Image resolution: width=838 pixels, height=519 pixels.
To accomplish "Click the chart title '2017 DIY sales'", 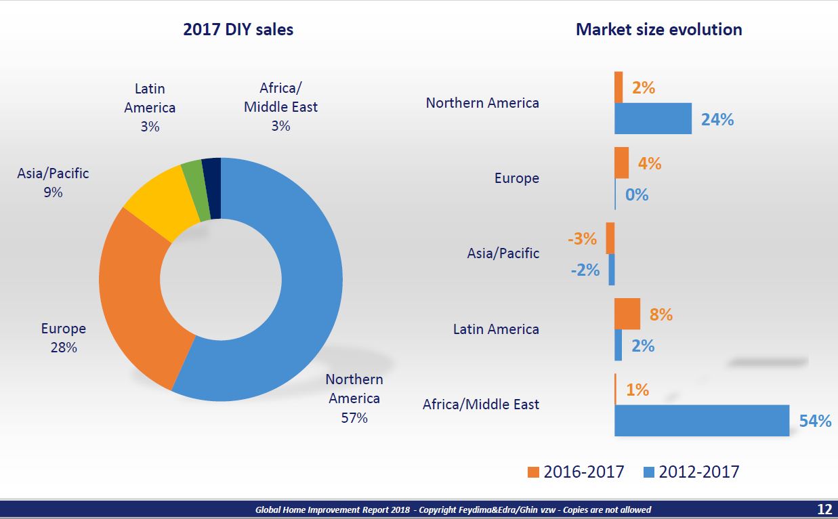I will tap(238, 30).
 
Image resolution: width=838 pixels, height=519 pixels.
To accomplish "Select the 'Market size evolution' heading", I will tap(658, 30).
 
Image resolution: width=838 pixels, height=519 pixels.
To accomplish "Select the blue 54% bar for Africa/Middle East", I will tap(702, 420).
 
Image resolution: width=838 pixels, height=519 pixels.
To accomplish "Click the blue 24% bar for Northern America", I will tap(652, 119).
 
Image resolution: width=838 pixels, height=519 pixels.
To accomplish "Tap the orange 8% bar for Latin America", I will tap(627, 314).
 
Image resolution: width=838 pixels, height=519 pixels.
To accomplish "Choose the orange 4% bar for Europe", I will tap(621, 163).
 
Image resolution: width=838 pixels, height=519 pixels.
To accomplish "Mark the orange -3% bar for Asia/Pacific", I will tap(610, 238).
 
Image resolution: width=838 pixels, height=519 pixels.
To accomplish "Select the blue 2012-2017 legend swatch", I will tap(648, 472).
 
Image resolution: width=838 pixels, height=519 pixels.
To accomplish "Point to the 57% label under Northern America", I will tap(354, 418).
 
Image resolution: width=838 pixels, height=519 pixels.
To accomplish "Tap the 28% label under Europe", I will tap(63, 348).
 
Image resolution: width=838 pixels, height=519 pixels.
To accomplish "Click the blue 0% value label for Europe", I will tap(637, 195).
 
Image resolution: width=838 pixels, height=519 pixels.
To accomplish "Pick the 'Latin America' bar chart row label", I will tap(496, 329).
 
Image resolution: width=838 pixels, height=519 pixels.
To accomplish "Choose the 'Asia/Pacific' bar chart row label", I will tap(503, 253).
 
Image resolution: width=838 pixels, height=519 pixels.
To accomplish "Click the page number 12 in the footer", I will tap(824, 510).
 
